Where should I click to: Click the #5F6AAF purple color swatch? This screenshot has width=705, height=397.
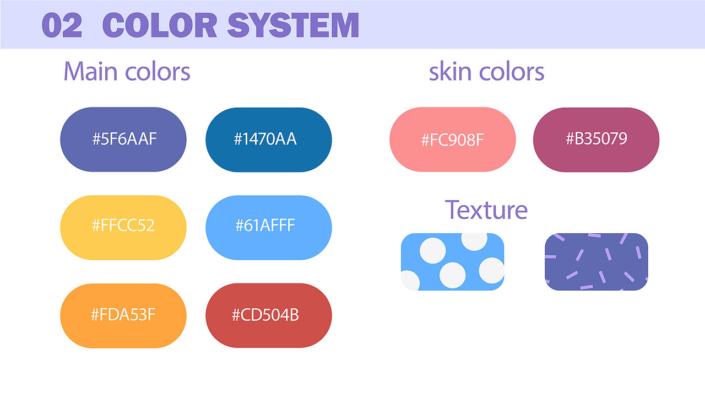(123, 140)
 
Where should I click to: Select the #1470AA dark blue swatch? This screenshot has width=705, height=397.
(269, 140)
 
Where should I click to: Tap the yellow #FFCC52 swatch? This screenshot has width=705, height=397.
(123, 228)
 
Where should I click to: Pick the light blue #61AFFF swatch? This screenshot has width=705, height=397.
(269, 228)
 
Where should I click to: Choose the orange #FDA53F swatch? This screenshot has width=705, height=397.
(123, 316)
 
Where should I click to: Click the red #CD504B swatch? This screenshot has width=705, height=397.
(269, 316)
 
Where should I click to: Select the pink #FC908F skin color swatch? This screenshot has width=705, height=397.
(453, 140)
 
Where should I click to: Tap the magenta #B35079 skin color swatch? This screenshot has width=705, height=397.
(596, 140)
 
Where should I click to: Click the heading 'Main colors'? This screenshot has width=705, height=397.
(127, 72)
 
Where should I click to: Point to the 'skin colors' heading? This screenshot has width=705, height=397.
(486, 72)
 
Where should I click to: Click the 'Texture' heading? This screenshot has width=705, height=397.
(486, 210)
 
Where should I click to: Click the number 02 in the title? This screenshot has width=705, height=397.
(62, 25)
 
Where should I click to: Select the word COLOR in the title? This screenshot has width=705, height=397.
(160, 25)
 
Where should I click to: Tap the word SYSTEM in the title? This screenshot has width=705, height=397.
(293, 25)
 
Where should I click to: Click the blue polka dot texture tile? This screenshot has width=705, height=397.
(453, 262)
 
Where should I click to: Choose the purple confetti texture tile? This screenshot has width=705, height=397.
(596, 262)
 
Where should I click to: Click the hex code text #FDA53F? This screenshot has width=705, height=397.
(123, 314)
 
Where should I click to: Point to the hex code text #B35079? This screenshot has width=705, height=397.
(596, 138)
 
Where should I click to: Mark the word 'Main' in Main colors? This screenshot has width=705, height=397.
(91, 72)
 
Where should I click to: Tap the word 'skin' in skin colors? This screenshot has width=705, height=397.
(450, 72)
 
